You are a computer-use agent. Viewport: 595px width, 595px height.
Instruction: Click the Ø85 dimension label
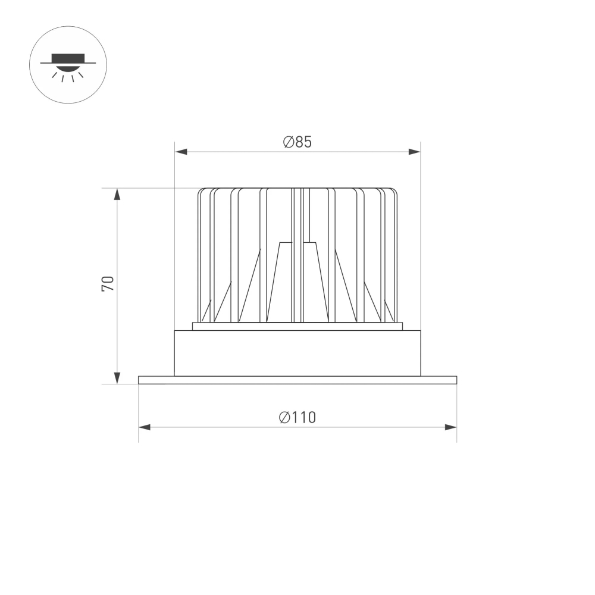297,142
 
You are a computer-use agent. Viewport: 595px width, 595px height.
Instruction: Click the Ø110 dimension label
297,418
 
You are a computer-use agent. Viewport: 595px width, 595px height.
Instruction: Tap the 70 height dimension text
108,283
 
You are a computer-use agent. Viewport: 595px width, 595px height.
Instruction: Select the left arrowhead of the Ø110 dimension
144,427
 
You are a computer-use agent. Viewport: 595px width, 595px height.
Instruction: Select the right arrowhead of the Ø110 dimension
451,427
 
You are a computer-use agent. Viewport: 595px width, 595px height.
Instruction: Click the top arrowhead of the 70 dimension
117,194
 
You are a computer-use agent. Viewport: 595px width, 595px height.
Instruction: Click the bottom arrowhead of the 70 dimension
117,378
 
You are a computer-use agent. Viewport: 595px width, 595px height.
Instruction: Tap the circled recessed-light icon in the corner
67,65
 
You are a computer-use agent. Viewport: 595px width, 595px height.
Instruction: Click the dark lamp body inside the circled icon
67,58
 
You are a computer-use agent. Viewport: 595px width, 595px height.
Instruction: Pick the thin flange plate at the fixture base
297,380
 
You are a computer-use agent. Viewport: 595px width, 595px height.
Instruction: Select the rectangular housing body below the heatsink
297,353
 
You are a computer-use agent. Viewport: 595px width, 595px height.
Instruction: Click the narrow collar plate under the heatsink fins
297,326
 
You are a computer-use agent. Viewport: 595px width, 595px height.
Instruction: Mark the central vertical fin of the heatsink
297,256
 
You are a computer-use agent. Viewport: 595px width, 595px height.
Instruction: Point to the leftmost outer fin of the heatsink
200,256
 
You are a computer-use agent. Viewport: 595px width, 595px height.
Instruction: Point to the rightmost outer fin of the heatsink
395,256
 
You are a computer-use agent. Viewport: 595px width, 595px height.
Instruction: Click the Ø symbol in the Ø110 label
284,418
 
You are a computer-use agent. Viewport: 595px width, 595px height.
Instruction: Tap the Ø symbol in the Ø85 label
288,142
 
